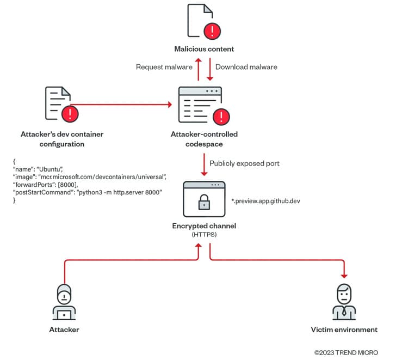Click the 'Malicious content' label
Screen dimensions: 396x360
204,49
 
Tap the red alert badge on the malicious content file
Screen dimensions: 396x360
212,31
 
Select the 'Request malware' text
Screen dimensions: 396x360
164,67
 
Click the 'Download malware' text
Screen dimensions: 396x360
246,67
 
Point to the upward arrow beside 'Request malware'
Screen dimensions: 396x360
199,70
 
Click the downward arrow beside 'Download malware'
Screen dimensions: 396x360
210,70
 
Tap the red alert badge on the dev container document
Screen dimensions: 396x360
70,114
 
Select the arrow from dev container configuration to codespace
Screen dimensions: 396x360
121,105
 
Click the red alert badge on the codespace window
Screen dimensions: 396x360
221,117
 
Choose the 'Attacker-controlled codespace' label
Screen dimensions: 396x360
204,139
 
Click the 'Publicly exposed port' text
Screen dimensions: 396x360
244,163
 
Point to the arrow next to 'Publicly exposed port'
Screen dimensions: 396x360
204,164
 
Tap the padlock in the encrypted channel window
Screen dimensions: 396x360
204,202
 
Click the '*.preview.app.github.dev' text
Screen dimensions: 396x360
265,201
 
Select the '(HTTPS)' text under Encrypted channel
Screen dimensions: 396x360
204,235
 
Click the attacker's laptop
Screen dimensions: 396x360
64,315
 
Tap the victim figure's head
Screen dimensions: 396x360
344,294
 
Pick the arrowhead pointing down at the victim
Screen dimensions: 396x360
344,276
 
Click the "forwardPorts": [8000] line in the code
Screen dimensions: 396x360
46,185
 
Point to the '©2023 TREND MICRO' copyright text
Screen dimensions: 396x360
346,353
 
